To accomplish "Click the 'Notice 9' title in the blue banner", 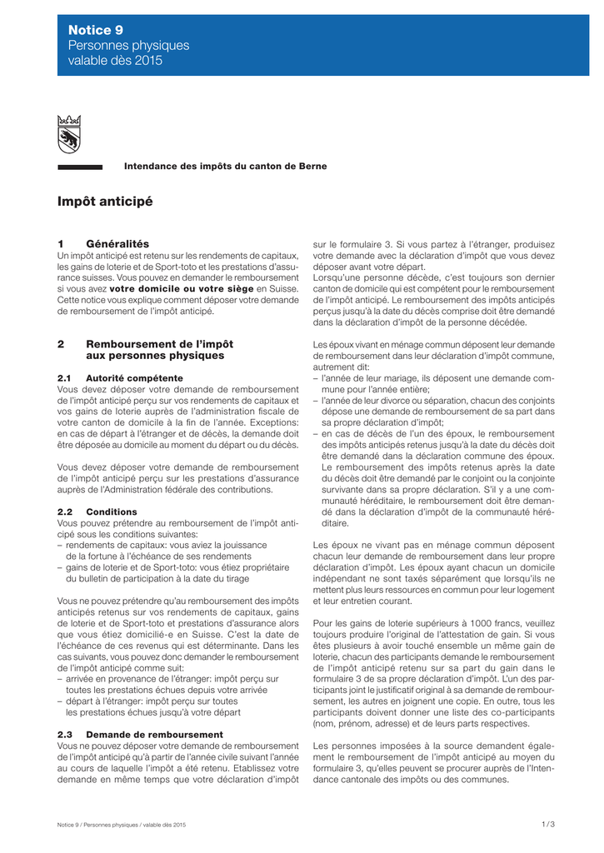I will click(96, 29).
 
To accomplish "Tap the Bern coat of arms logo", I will click(68, 134).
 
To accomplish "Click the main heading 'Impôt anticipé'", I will click(105, 202).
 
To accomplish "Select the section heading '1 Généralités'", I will click(103, 243).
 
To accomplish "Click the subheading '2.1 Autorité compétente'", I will click(120, 377).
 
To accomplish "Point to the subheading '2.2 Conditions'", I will click(97, 511).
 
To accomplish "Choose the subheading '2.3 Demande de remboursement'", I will click(140, 734).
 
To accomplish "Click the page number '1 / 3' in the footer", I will click(547, 824).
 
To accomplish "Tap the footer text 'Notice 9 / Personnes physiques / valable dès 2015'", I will click(122, 824).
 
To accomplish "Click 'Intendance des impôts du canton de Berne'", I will click(225, 167).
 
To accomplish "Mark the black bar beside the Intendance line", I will click(80, 167).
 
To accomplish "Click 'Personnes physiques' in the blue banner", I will click(128, 45).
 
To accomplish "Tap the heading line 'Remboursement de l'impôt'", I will click(160, 344).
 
